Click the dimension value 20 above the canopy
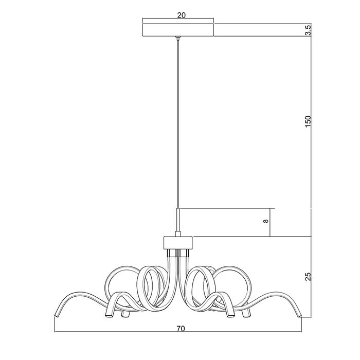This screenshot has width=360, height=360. pos(181,15)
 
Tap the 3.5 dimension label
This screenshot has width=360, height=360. pos(309,30)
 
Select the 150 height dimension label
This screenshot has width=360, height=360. pos(308,121)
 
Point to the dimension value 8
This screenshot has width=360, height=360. pos(266,221)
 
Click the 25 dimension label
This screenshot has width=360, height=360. pos(308,277)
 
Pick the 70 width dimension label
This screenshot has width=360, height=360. pos(181,329)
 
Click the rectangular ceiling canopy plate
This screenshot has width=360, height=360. pos(178,30)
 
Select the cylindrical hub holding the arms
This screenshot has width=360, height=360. pos(178,243)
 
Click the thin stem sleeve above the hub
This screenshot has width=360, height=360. pos(178,220)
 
